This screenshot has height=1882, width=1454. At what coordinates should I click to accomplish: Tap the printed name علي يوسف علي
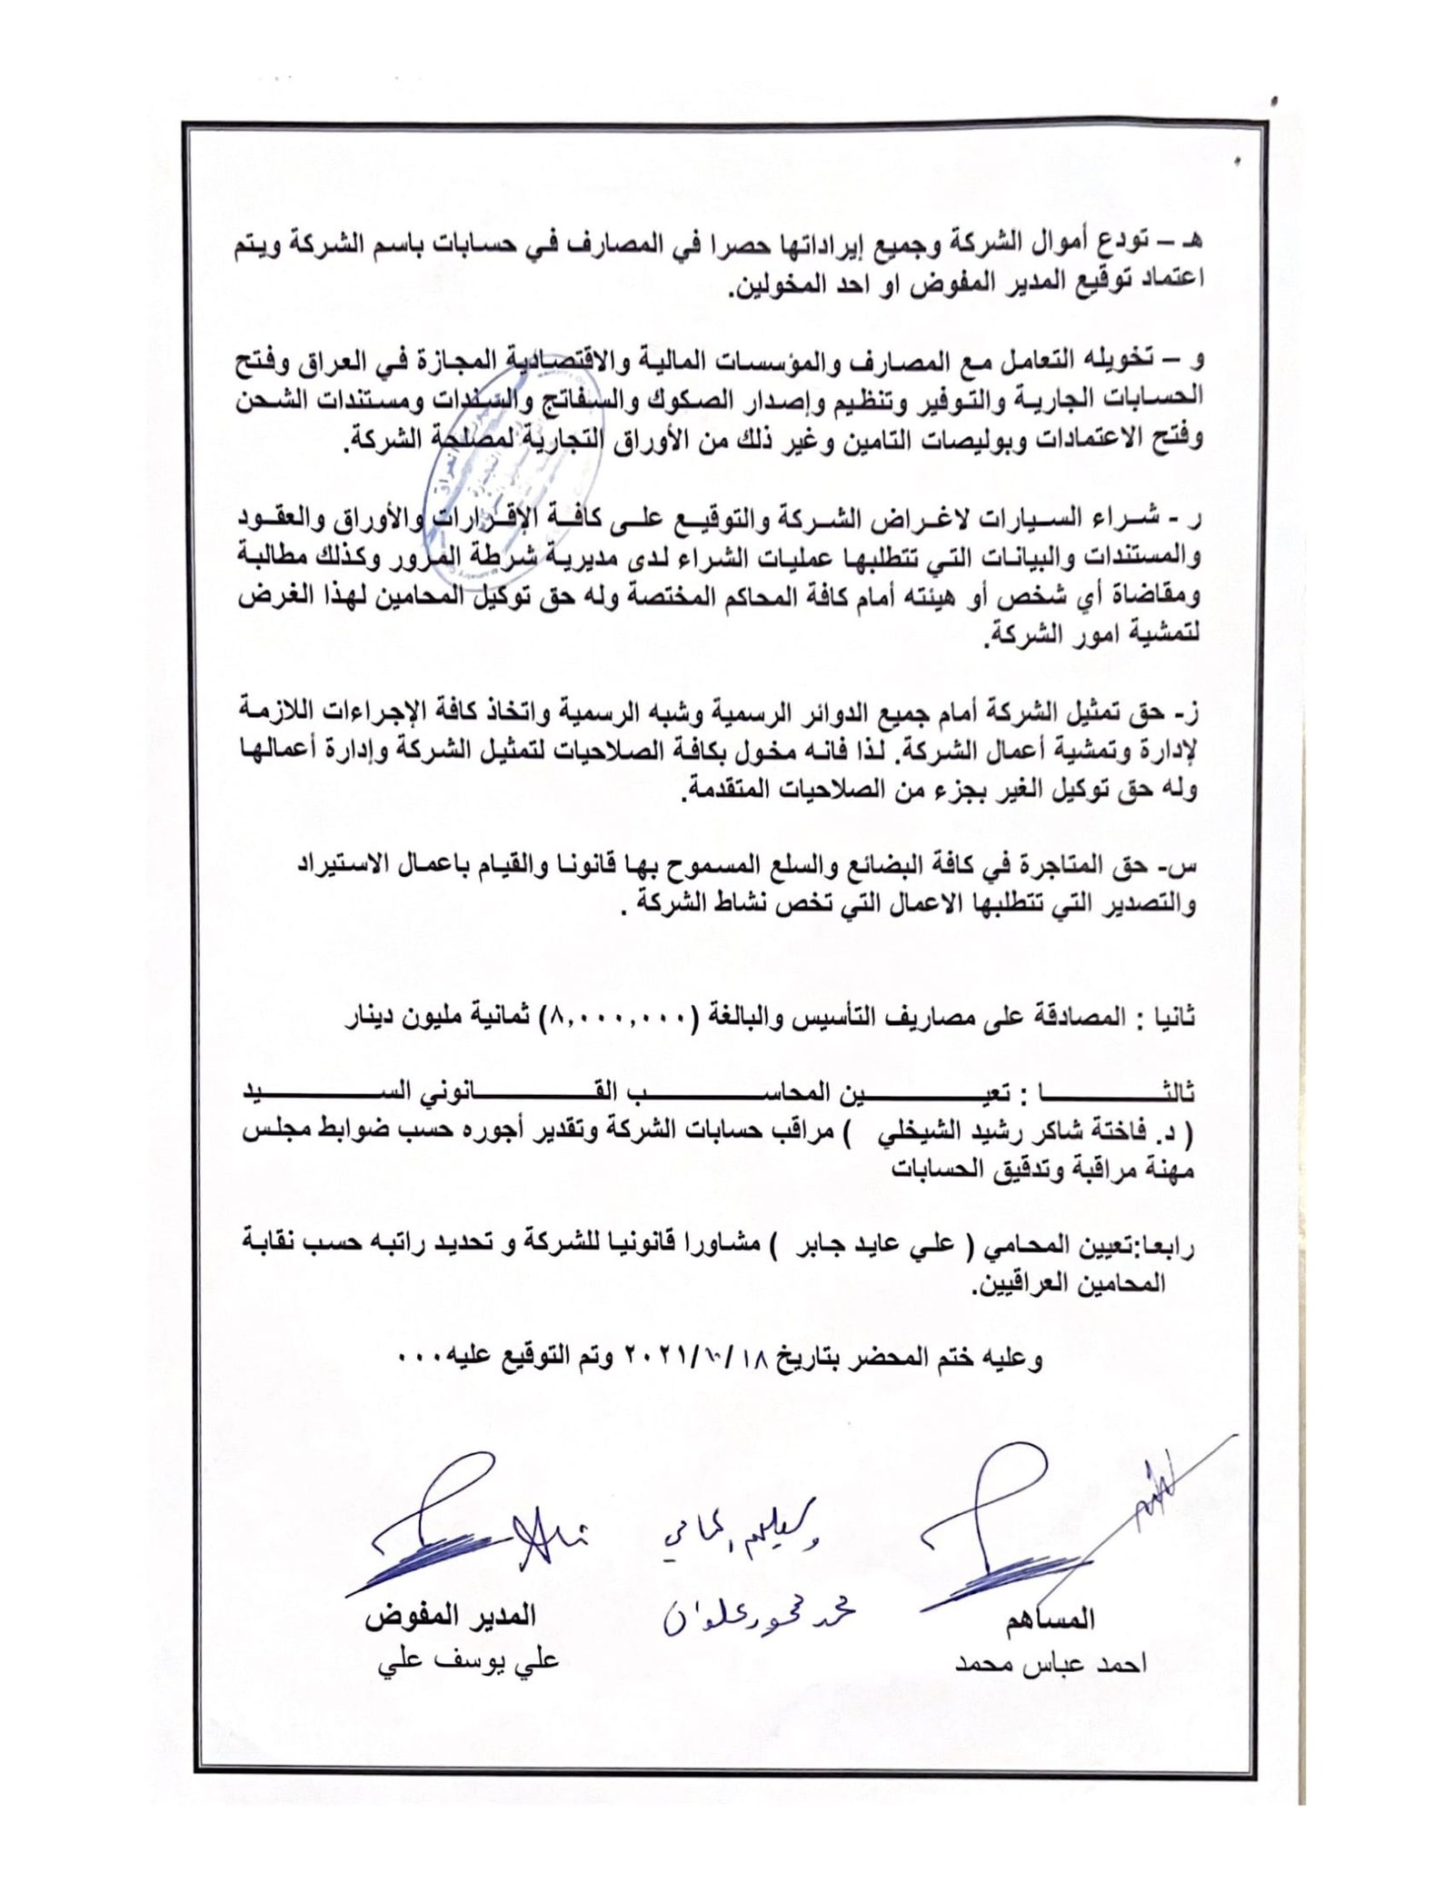pos(468,1660)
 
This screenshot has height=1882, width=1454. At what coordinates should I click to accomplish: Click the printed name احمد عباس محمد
pos(1050,1662)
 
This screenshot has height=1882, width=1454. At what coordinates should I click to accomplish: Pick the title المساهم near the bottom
pos(1050,1618)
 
